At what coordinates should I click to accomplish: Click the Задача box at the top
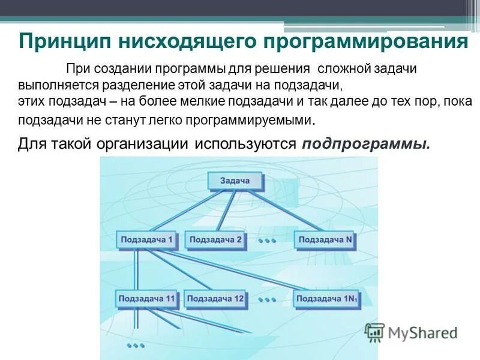[x=235, y=181]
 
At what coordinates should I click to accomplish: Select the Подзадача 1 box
[x=146, y=240]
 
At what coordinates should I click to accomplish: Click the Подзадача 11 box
[x=147, y=298]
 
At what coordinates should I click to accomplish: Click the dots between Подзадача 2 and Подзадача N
[x=267, y=241]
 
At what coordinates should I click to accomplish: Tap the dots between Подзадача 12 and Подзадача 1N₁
[x=267, y=298]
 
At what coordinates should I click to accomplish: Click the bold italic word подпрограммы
[x=366, y=144]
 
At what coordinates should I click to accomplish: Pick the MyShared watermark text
[x=422, y=332]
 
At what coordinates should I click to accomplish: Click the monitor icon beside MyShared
[x=374, y=332]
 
